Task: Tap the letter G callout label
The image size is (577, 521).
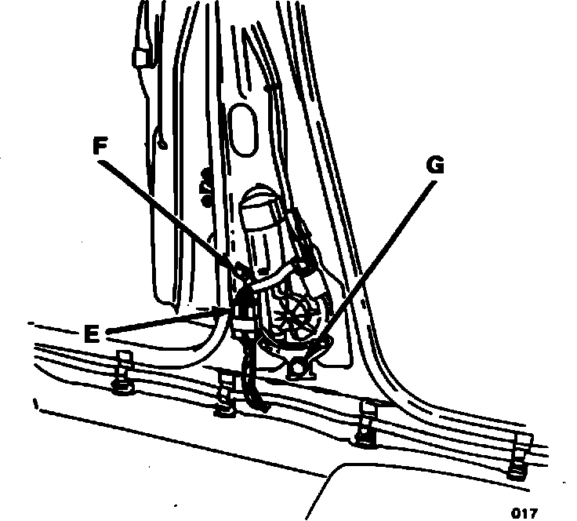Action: pos(434,166)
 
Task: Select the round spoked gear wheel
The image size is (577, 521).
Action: pos(296,315)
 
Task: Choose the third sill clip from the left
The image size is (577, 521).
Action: pos(367,424)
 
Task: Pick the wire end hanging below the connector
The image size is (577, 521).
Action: pos(256,396)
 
